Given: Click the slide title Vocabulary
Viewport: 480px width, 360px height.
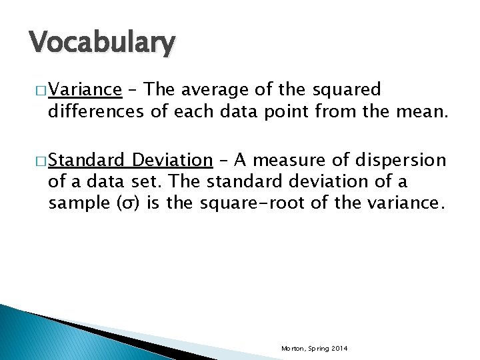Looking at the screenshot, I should [x=102, y=43].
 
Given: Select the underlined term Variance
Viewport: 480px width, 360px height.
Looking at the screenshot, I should [x=85, y=89].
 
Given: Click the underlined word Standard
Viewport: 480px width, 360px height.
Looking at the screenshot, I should [x=87, y=160].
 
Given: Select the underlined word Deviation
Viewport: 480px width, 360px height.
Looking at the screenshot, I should [x=172, y=160].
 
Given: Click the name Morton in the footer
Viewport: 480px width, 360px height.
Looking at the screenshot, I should [x=293, y=349].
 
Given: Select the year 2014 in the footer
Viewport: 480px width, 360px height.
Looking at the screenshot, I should [x=339, y=349].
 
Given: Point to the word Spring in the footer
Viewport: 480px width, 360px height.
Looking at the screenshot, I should [x=317, y=349].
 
